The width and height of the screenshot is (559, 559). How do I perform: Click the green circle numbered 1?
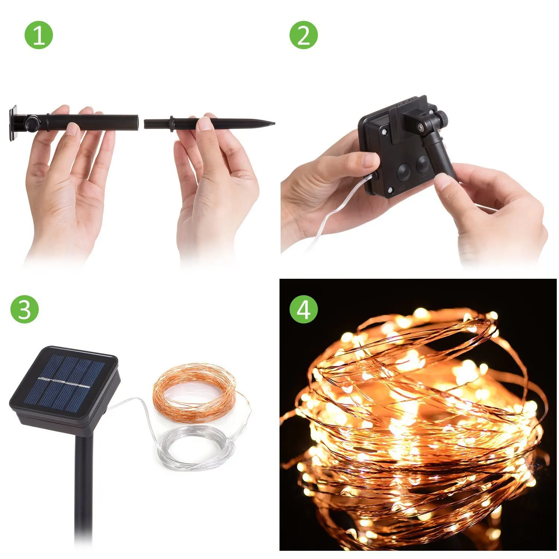pos(39,36)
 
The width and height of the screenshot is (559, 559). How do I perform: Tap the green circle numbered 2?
pos(304,36)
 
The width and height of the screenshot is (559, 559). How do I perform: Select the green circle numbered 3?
pos(25,309)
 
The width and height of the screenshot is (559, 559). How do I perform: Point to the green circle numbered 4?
pos(304,309)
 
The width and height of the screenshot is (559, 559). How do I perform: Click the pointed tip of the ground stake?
pos(273,122)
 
